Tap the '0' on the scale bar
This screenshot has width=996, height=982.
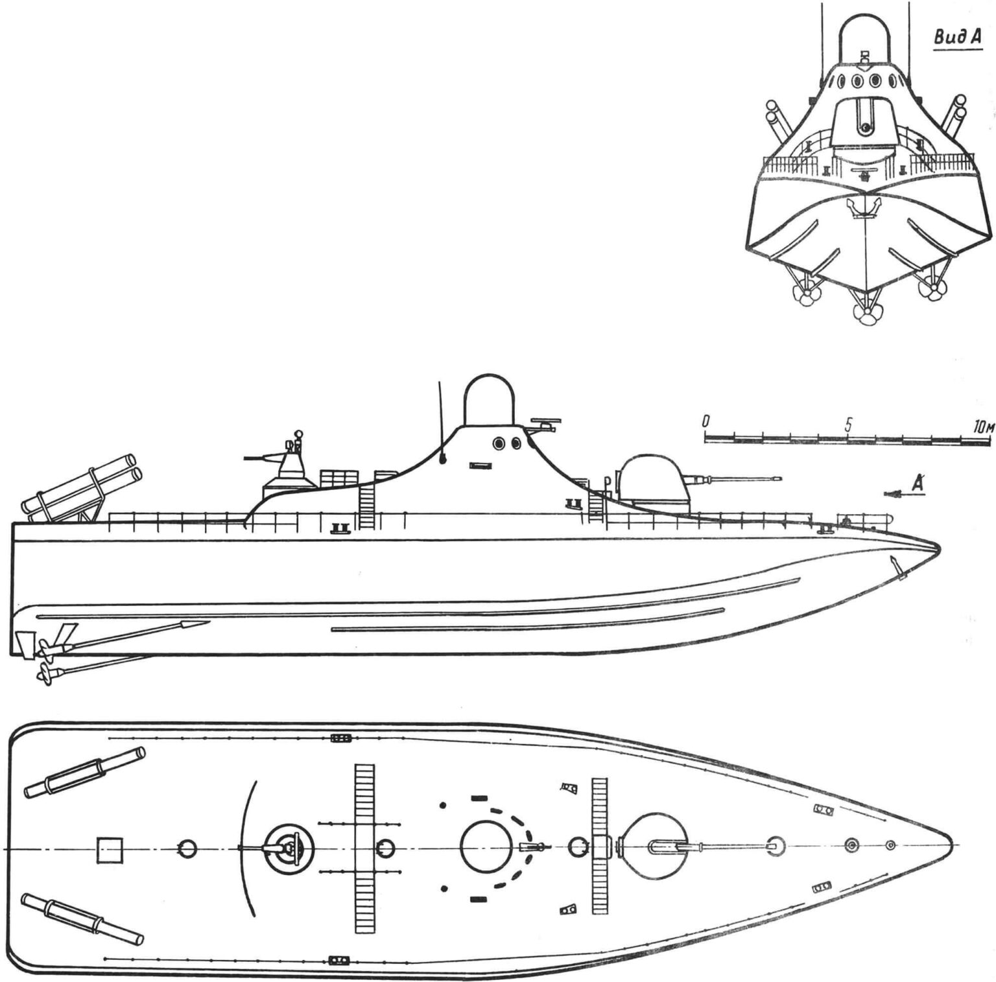tap(706, 421)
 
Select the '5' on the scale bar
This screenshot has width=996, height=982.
tap(848, 425)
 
